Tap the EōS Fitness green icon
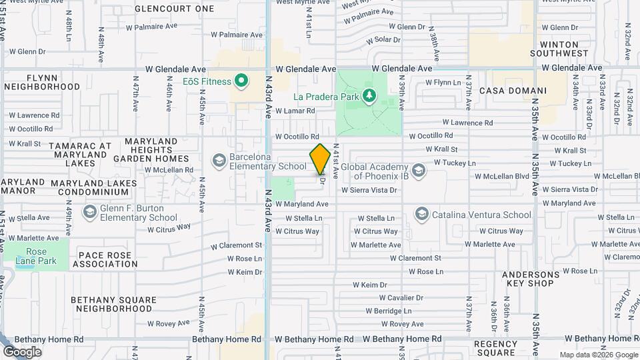[242, 82]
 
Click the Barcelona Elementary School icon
[219, 161]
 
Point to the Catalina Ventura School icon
[421, 215]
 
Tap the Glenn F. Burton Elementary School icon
[89, 212]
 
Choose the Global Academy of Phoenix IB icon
[418, 170]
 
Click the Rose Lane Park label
[36, 257]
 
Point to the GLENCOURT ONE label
[175, 9]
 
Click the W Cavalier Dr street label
[401, 297]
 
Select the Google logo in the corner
[22, 351]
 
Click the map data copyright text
[598, 355]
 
